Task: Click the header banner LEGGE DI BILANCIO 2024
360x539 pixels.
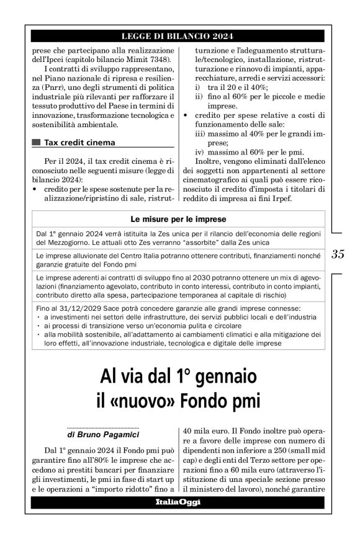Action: pyautogui.click(x=179, y=36)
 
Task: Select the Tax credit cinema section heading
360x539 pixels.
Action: pyautogui.click(x=79, y=143)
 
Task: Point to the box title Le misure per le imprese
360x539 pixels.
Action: pyautogui.click(x=179, y=219)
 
